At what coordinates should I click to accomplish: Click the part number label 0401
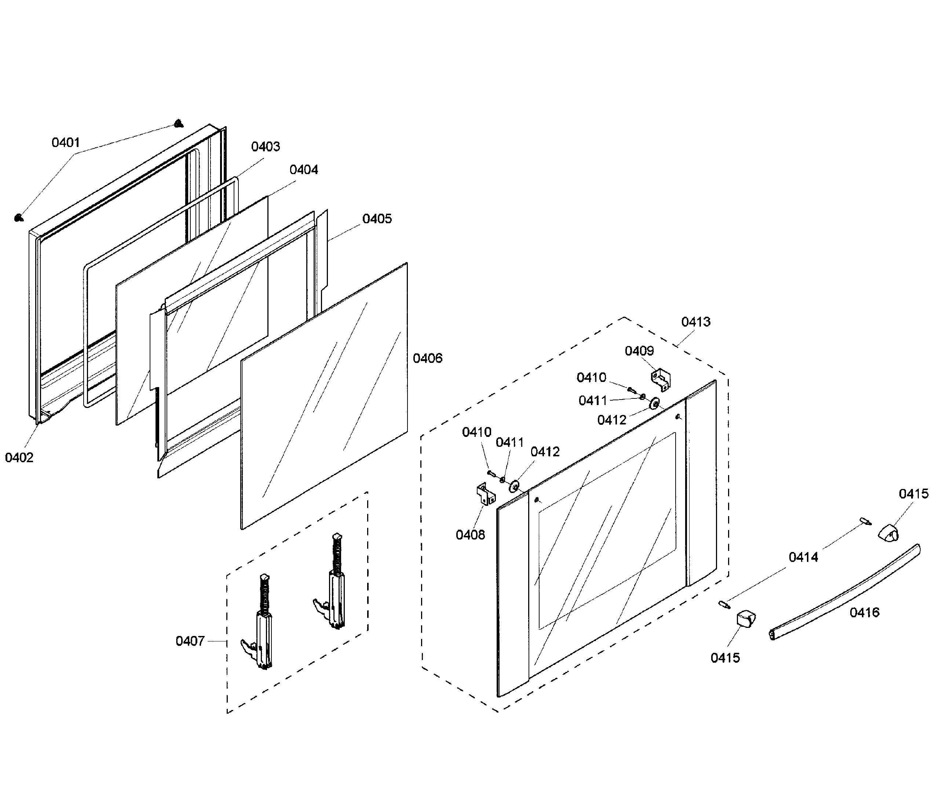66,143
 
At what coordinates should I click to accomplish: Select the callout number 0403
265,147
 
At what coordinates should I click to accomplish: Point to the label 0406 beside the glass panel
427,358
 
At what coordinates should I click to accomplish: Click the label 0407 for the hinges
190,641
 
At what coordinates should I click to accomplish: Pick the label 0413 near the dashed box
695,321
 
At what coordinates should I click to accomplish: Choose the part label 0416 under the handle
864,612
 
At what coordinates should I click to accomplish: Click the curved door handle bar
844,592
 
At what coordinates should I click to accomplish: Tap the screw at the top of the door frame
179,123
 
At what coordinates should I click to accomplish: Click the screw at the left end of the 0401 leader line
18,218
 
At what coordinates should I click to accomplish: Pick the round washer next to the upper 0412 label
654,404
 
